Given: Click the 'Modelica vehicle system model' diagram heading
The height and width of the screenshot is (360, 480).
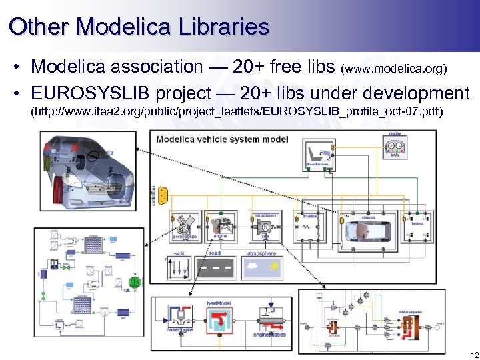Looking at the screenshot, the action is tap(222, 139).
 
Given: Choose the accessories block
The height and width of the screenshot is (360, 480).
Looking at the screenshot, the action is tap(184, 225).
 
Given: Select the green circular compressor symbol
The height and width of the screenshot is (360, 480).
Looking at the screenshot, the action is tap(135, 281).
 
